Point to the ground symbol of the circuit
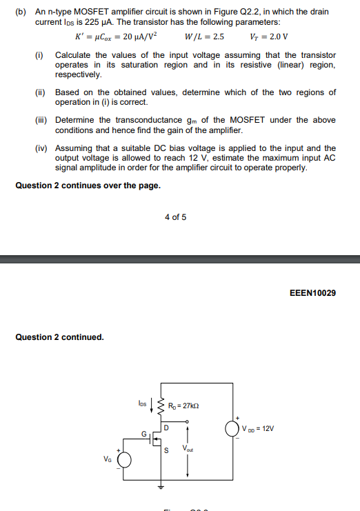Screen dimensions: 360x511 pos(163,486)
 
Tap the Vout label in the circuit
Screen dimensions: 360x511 pos(188,448)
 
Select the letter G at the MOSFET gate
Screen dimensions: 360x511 pos(144,435)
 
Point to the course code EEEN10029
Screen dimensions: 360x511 pos(314,293)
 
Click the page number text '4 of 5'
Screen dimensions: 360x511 pos(175,217)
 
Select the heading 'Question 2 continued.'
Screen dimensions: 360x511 pos(59,337)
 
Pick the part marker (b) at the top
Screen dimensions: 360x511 pos(21,12)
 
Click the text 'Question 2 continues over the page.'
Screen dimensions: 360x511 pos(88,185)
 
